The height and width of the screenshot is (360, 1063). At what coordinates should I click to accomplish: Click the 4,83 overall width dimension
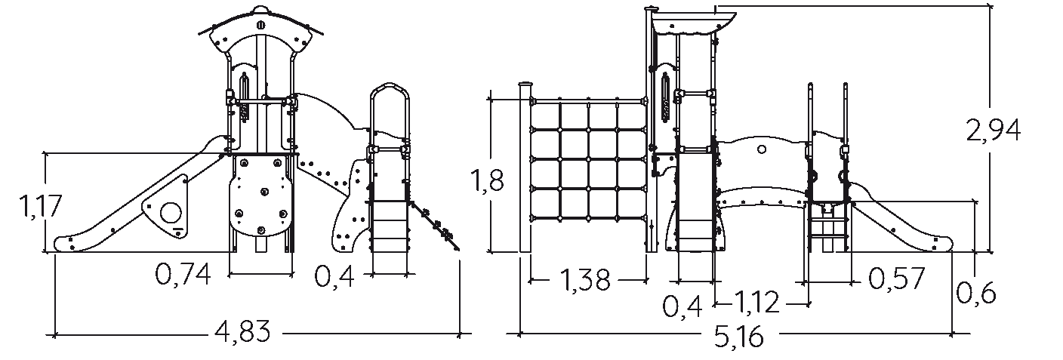point(242,331)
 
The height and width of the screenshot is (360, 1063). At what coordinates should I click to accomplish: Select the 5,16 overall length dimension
point(739,337)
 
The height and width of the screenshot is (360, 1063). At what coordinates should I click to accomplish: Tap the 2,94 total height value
point(994,131)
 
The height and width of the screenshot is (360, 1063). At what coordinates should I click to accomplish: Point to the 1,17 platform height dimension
point(40,206)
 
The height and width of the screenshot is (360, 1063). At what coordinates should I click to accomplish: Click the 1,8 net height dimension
point(486,180)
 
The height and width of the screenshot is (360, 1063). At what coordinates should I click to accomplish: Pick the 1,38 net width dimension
point(585,279)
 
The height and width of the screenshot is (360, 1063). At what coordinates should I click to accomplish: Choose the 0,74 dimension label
point(183,275)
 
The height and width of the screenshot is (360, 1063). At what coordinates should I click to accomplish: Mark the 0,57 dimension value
point(896,278)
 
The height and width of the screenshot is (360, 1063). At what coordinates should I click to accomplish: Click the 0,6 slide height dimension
point(975,293)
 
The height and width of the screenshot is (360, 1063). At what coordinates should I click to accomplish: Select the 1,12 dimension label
point(757,302)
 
